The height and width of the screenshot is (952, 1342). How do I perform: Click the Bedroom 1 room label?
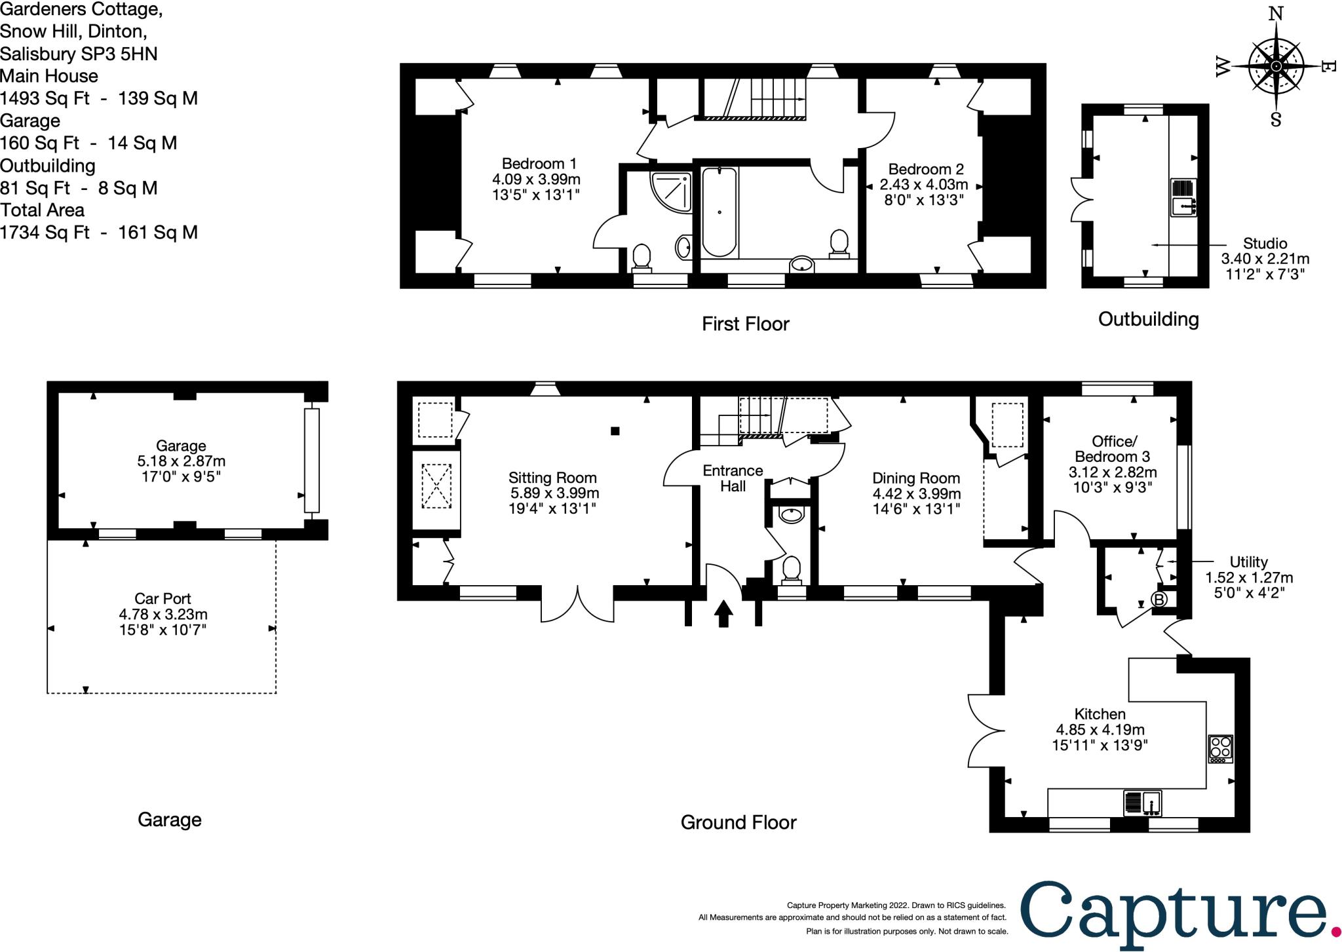click(539, 164)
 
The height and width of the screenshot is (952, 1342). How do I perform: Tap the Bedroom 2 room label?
click(926, 169)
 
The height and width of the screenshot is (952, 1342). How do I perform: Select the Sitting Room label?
click(552, 478)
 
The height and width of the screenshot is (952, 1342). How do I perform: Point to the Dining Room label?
click(916, 478)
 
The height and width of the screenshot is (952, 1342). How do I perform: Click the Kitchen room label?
click(1100, 714)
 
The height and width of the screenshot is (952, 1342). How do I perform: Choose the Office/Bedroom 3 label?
click(1113, 449)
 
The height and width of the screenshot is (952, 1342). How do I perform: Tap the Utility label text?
click(1248, 562)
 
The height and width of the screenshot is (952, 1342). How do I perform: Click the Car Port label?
click(163, 598)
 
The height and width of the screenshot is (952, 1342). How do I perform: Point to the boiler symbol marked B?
click(1159, 600)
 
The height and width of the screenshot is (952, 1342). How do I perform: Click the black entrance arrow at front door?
click(723, 613)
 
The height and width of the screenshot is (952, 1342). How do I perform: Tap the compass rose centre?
click(1276, 67)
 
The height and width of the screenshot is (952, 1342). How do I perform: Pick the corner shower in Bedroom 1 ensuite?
click(671, 191)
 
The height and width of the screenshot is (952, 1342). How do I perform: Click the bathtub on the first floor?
click(719, 212)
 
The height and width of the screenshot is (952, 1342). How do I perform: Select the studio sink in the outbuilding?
click(1183, 197)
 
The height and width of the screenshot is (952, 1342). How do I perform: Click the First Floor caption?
click(746, 324)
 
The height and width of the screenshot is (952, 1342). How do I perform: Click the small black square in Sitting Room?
click(615, 431)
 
